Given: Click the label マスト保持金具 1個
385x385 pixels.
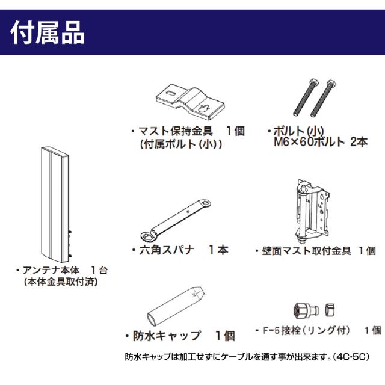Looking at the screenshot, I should [187, 131].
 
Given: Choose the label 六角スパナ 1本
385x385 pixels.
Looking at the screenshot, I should [179, 249].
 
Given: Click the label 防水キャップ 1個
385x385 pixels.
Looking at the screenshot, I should [179, 335].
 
